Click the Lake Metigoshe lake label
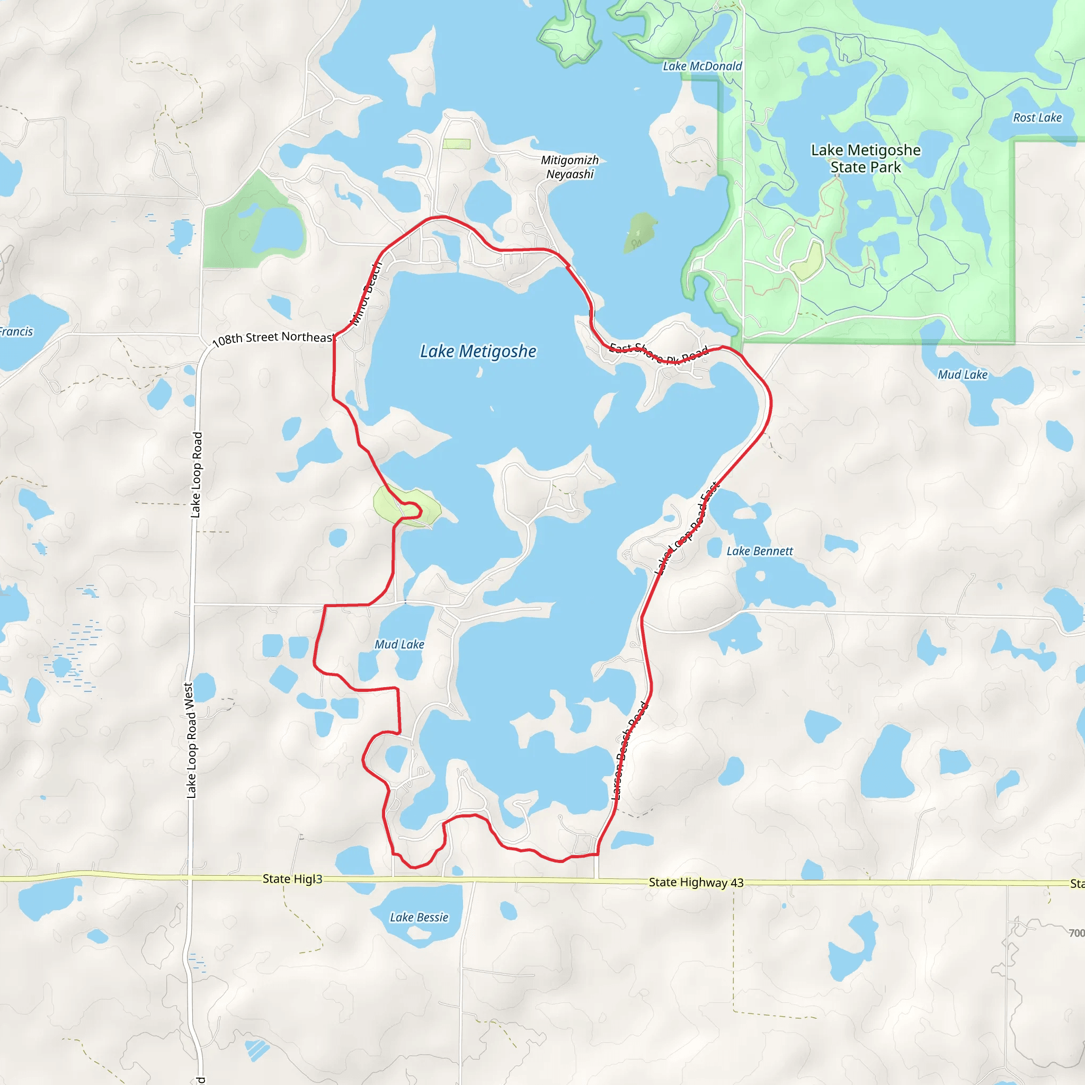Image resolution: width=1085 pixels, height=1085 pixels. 478,352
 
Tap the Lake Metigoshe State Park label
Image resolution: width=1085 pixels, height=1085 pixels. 866,158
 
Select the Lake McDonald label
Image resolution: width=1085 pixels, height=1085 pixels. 702,66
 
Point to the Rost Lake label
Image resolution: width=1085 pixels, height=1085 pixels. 1037,118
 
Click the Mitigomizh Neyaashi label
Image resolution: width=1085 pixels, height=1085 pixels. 570,167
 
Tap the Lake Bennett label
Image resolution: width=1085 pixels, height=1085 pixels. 759,552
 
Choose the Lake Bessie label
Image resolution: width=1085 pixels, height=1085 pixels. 419,918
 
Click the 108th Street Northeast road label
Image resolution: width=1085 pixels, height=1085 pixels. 273,337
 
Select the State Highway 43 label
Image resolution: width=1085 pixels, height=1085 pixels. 696,882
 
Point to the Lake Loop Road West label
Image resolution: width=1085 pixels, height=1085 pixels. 190,740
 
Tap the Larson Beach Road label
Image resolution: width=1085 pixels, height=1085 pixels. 629,751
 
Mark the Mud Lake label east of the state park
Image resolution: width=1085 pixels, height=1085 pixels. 962,375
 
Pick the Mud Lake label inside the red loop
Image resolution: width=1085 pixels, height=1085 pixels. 399,645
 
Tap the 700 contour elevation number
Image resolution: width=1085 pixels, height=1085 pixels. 1076,933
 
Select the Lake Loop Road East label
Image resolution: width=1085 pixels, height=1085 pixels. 686,528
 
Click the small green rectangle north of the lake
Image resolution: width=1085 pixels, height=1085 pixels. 456,144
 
